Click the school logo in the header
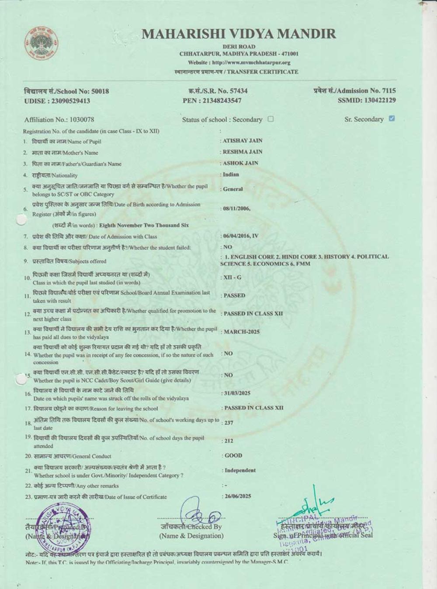coord(40,44)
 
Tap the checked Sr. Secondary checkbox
coord(392,118)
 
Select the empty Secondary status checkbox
coord(271,119)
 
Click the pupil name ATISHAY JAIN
coord(243,141)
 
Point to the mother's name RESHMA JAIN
coord(243,152)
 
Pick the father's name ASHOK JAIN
coord(241,163)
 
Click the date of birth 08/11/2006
coord(236,209)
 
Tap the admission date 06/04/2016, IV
coord(241,236)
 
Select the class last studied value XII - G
coord(232,277)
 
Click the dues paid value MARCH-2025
coord(242,332)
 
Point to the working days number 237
coord(229,423)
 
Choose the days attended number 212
coord(229,441)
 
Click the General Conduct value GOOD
coord(233,455)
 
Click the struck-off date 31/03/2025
coord(237,393)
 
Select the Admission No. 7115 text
coord(354,91)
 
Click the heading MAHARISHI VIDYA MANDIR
coord(239,34)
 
